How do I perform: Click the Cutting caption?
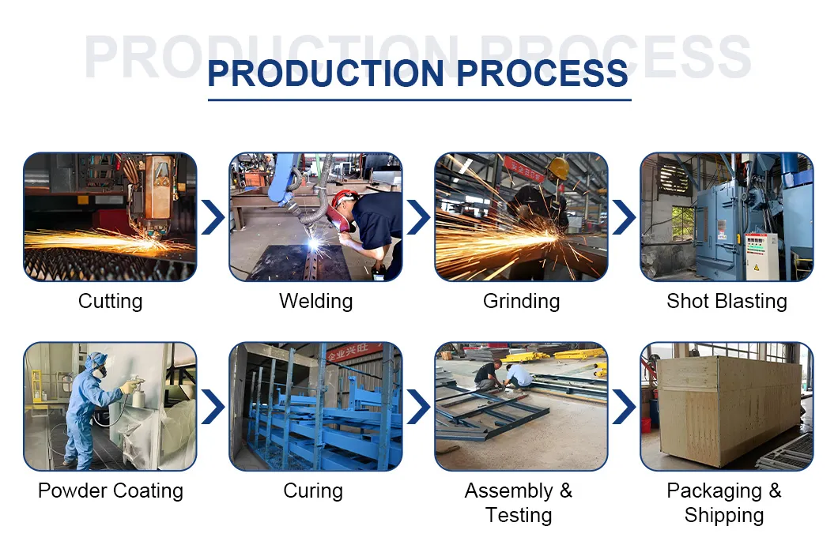[x=110, y=301]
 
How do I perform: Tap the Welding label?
[x=315, y=301]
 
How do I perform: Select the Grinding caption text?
[x=521, y=301]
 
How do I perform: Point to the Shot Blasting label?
[x=727, y=301]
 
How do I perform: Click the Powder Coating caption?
[x=110, y=490]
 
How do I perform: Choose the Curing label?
[x=313, y=490]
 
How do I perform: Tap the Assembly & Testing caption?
[x=519, y=502]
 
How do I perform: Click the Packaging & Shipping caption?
[x=724, y=502]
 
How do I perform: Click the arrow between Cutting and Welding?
[x=213, y=217]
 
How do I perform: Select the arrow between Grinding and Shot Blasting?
[x=624, y=217]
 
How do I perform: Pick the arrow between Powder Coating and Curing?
[x=213, y=407]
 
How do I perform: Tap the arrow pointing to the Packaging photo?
[x=624, y=407]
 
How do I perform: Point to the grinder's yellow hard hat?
[x=558, y=167]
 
